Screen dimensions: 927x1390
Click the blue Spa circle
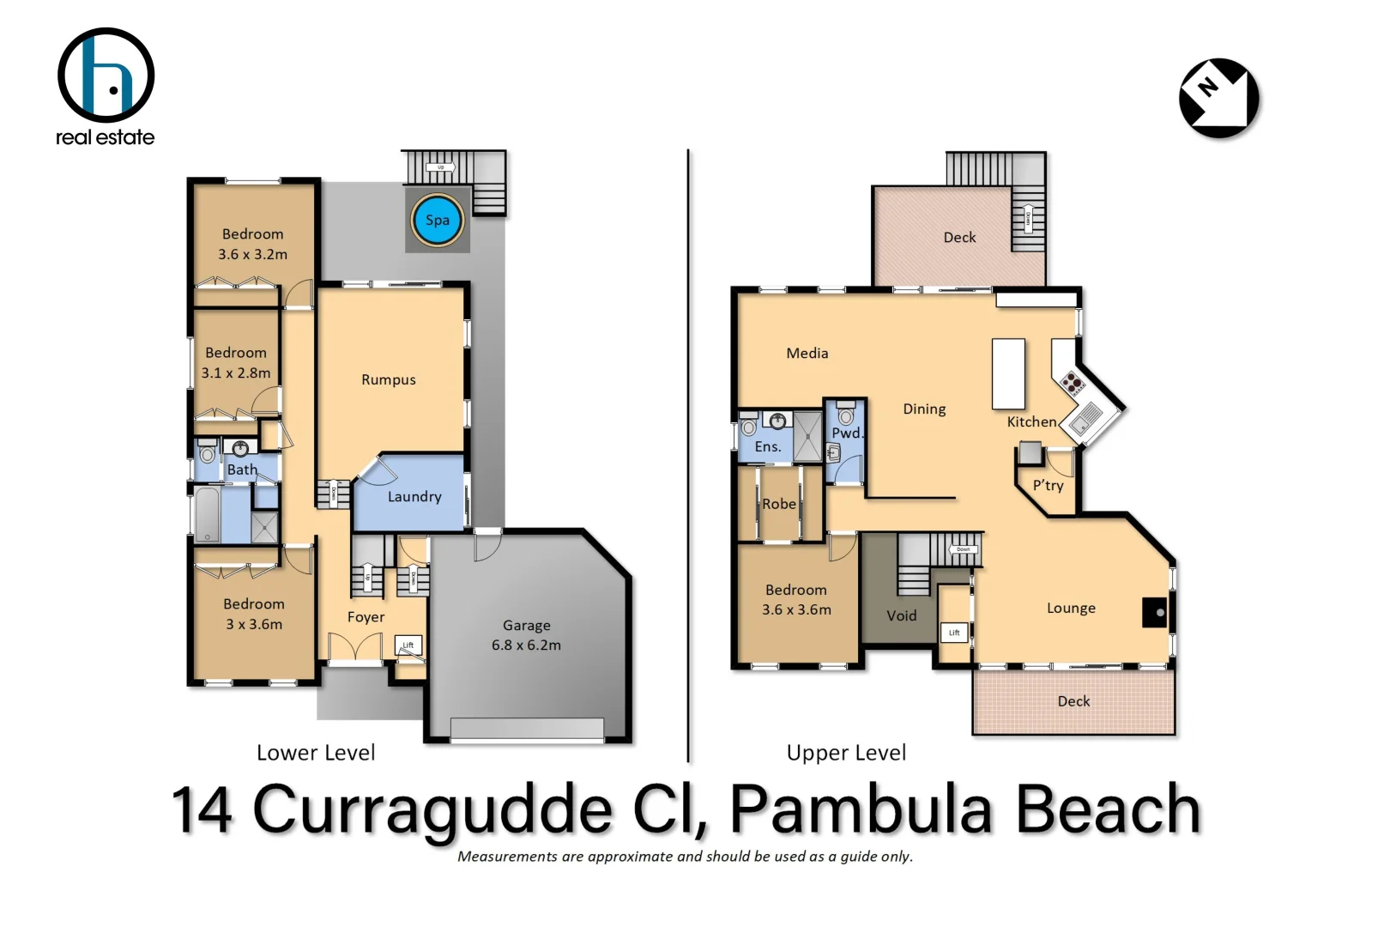(x=438, y=221)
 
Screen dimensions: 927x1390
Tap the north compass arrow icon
(x=1219, y=98)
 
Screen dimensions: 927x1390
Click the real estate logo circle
(x=106, y=76)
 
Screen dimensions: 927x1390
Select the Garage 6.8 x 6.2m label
(x=526, y=635)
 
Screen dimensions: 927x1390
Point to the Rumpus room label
(x=389, y=379)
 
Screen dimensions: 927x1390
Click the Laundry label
(x=414, y=497)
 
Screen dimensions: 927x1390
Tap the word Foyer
(x=366, y=617)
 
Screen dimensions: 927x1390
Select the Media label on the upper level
(x=807, y=353)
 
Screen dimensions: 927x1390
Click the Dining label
(x=924, y=409)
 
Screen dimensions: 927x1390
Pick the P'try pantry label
(x=1048, y=485)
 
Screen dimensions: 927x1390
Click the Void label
(x=902, y=615)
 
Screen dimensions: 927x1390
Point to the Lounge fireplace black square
(x=1155, y=613)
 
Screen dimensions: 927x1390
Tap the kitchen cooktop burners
(x=1072, y=382)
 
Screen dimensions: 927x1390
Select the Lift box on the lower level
(x=408, y=645)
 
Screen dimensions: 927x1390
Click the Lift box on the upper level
(x=954, y=633)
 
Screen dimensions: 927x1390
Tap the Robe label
(x=779, y=504)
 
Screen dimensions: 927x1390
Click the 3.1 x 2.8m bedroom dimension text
(x=236, y=373)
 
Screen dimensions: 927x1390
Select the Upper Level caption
(x=846, y=753)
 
